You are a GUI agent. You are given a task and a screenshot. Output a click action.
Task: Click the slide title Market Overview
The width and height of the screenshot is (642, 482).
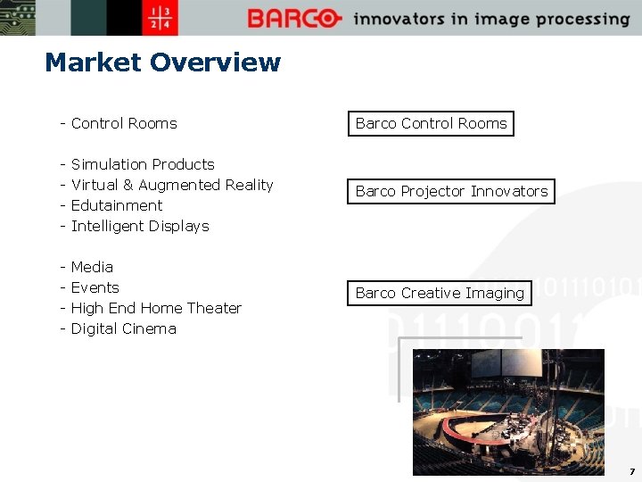162,62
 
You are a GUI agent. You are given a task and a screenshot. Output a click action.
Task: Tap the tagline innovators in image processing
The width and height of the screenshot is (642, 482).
491,19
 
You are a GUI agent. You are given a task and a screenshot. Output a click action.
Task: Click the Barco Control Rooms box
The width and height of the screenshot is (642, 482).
431,123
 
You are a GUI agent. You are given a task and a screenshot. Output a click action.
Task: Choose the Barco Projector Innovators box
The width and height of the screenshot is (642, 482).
451,191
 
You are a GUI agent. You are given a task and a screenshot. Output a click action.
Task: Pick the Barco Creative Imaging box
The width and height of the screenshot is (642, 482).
440,293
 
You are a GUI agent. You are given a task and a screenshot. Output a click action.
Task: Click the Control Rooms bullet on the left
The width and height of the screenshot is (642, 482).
123,123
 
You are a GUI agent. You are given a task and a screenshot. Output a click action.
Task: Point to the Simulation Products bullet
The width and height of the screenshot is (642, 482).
142,164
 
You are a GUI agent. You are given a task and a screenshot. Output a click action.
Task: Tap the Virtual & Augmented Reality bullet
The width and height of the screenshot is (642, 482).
171,185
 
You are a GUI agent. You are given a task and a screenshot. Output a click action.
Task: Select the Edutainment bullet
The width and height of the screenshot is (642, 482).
116,205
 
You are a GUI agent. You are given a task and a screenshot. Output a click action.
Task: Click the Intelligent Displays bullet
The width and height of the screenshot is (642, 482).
139,226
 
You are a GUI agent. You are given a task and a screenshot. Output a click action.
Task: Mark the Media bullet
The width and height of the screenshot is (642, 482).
92,267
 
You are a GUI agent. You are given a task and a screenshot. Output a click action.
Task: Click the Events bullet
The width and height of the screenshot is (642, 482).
95,287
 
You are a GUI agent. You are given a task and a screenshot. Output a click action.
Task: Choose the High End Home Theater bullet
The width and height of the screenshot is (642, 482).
156,308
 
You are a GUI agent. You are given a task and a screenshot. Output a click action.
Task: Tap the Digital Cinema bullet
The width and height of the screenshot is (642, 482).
123,328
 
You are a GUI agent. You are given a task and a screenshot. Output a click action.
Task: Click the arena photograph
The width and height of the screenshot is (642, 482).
508,411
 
